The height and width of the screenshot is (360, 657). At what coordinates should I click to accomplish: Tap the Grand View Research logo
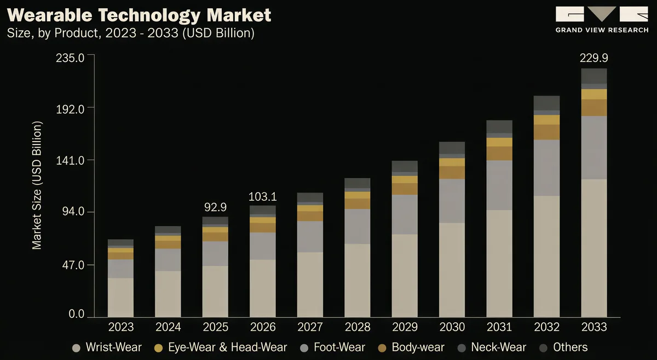click(601, 20)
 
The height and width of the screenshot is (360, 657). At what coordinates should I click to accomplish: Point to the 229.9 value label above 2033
click(594, 58)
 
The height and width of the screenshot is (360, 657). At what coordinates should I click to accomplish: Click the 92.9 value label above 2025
click(215, 207)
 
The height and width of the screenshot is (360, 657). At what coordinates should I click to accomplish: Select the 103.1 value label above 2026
click(263, 196)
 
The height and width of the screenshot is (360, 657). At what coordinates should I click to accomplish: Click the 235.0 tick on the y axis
click(70, 58)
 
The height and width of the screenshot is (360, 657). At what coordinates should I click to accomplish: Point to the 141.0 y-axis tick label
click(70, 160)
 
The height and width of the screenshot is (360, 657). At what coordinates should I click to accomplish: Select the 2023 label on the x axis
click(121, 327)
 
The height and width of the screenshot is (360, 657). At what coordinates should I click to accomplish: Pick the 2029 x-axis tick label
click(405, 327)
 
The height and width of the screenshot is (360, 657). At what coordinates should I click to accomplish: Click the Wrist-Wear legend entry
click(107, 347)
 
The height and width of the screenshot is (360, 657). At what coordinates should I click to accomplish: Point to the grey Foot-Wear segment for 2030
click(452, 201)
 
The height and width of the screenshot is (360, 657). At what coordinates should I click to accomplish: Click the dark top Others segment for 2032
click(546, 102)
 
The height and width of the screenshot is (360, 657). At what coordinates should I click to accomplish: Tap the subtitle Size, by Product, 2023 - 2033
click(131, 33)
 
